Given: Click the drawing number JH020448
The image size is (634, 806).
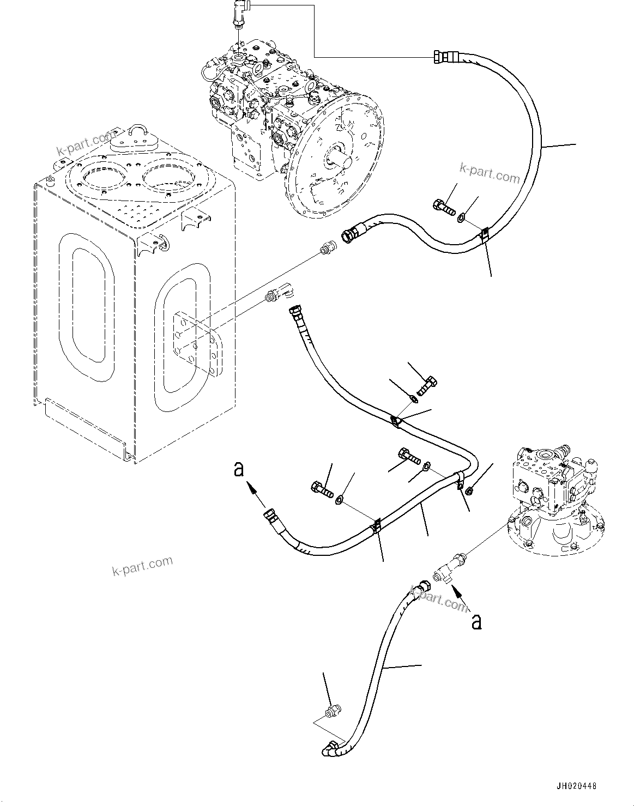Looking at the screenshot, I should (x=576, y=786).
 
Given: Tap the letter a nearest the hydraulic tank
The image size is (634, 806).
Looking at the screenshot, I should (x=239, y=469).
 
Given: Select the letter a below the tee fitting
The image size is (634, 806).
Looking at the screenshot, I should (x=476, y=621).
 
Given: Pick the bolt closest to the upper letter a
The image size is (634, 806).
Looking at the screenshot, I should (x=322, y=488).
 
